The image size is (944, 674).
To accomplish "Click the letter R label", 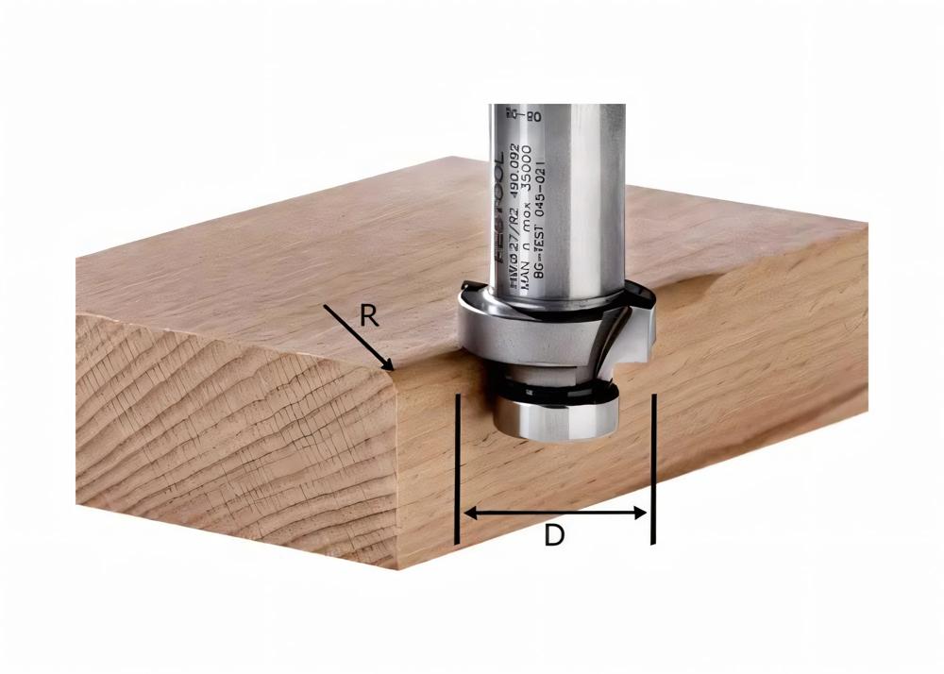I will pyautogui.click(x=369, y=315).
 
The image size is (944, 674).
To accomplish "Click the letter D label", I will pyautogui.click(x=554, y=536).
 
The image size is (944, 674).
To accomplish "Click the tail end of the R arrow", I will pyautogui.click(x=325, y=306).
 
